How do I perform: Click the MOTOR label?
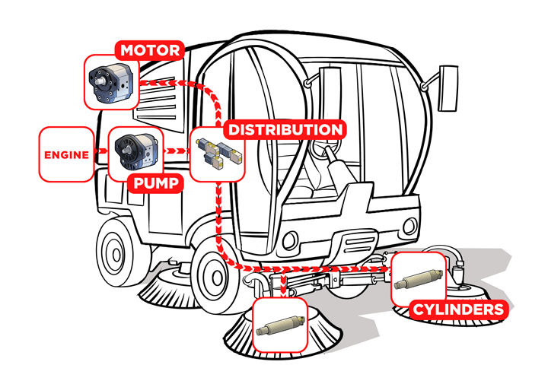click(150, 52)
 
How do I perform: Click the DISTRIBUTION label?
click(285, 129)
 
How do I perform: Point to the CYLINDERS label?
click(457, 309)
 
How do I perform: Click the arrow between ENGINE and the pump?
click(97, 154)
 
